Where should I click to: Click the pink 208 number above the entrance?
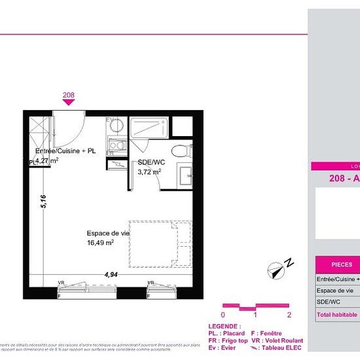[68, 95]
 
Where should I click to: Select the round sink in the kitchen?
[115, 126]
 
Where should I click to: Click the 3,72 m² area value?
[149, 171]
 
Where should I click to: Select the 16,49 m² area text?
[101, 242]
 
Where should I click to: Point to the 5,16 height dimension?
[43, 201]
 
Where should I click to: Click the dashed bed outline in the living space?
[160, 243]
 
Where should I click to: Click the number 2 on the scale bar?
[289, 315]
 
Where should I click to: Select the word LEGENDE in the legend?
[224, 326]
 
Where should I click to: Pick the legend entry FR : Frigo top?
[228, 340]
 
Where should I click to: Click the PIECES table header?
[341, 264]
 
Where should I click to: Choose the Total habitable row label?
[337, 315]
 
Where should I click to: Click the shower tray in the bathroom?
[149, 127]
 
